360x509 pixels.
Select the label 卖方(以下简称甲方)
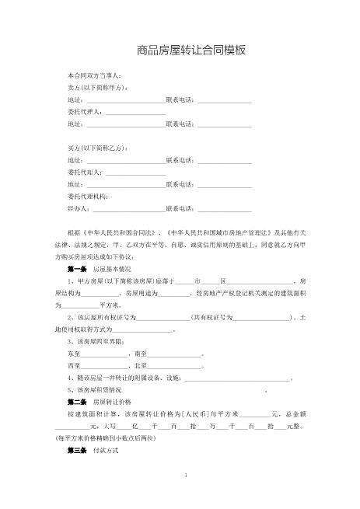[x=98, y=88]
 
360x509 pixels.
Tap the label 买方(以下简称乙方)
[x=98, y=148]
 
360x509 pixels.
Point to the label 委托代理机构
[x=89, y=197]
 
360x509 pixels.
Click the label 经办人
[x=79, y=209]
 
